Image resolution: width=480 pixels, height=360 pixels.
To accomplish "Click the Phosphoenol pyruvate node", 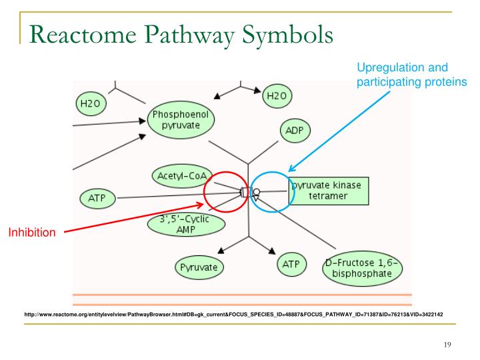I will [x=181, y=121].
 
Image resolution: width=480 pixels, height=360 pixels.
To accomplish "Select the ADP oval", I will [x=293, y=131].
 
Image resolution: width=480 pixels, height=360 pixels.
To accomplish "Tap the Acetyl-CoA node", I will [x=182, y=175].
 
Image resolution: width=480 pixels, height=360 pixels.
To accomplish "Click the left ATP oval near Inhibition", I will [x=98, y=198].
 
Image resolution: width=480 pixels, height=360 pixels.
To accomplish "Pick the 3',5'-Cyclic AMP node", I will [x=177, y=223].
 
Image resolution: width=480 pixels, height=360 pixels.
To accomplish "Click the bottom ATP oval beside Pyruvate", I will [x=291, y=265].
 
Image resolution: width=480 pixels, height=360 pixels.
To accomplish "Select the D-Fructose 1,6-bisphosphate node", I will [x=363, y=268].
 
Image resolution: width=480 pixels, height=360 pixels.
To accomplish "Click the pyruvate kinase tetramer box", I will [x=329, y=191].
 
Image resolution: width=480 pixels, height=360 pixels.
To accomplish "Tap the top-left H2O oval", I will [x=91, y=103].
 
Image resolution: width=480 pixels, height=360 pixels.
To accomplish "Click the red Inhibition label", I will [x=32, y=233].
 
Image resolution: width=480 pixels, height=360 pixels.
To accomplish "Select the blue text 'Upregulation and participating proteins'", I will [x=412, y=75].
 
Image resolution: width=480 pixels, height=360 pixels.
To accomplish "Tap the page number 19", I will [x=447, y=344].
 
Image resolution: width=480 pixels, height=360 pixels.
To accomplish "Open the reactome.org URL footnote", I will [x=233, y=313].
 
